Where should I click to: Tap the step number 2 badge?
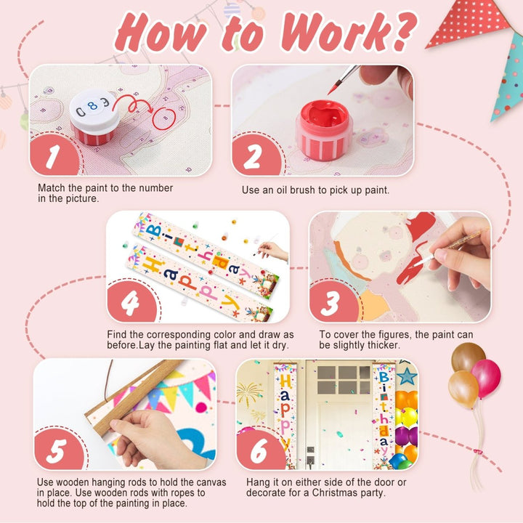(x=256, y=155)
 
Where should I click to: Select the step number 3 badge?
(x=333, y=301)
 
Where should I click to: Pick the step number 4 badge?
(x=131, y=301)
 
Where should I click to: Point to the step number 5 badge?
(x=59, y=449)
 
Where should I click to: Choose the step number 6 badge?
(x=261, y=449)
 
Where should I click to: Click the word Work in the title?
(x=347, y=33)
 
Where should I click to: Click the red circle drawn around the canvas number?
(x=163, y=118)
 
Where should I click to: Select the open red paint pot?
(x=324, y=130)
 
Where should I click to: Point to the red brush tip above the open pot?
(x=333, y=89)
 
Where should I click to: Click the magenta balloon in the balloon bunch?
(x=486, y=378)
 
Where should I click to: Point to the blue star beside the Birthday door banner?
(x=407, y=376)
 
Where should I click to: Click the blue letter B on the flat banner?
(x=154, y=230)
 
